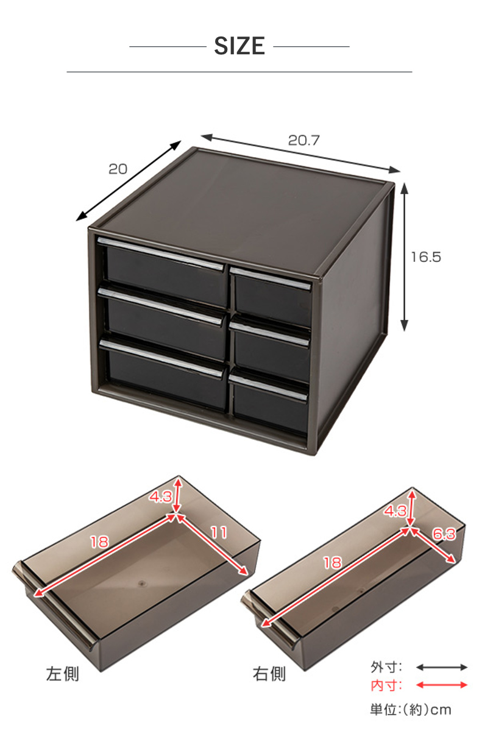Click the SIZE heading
click(x=239, y=46)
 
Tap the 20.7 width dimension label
click(x=303, y=140)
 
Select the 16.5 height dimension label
click(x=426, y=257)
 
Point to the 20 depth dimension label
click(x=118, y=169)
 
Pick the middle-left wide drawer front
click(x=166, y=328)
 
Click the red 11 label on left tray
click(x=218, y=532)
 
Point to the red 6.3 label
click(x=444, y=534)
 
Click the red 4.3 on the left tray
click(x=161, y=496)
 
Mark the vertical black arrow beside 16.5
click(x=404, y=257)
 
